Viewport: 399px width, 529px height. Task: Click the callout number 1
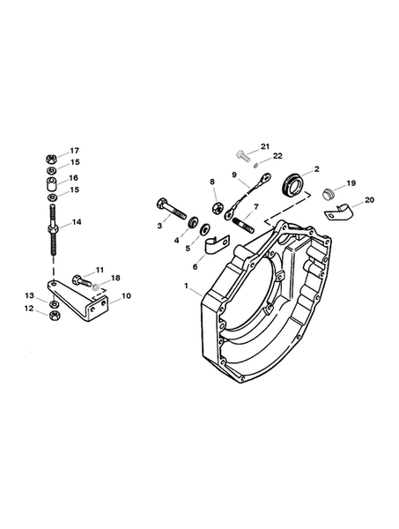[187, 286]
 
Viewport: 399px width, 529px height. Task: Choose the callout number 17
[74, 150]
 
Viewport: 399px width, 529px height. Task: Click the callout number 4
[175, 240]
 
